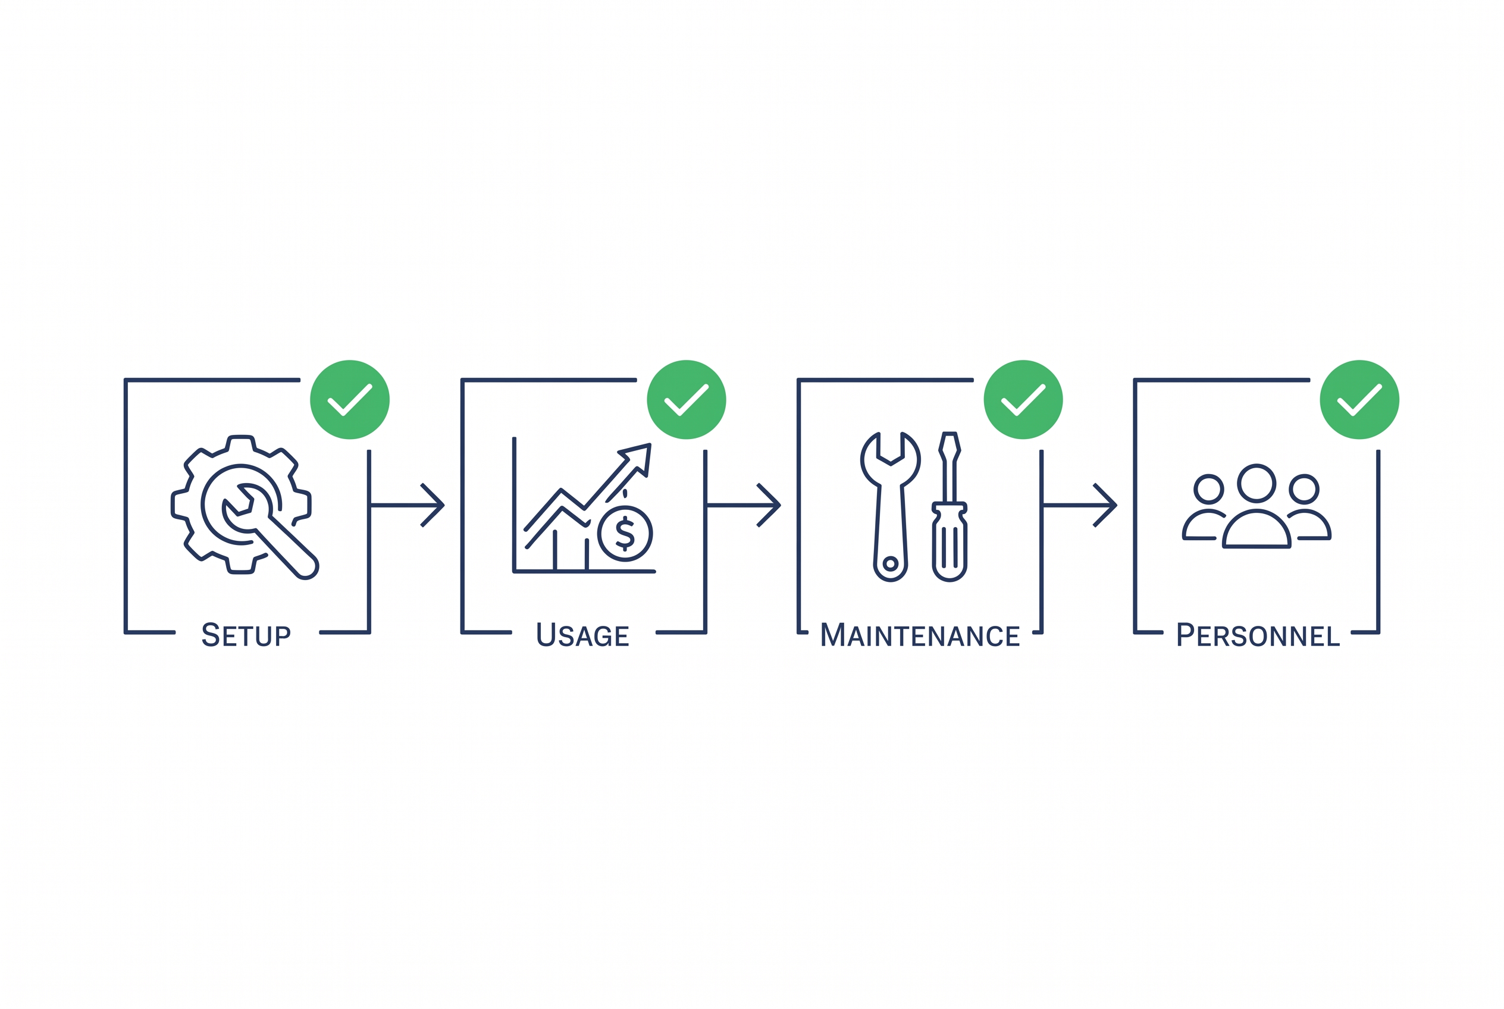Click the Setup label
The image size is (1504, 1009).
coord(246,634)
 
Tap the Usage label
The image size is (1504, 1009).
coord(583,634)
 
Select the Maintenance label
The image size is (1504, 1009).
coord(920,634)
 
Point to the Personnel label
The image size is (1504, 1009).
coord(1258,634)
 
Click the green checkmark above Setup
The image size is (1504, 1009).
coord(350,400)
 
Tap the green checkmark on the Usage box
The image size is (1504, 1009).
coord(687,400)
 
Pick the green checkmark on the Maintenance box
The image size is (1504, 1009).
coord(1023,400)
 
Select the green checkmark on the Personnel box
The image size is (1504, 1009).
coord(1360,400)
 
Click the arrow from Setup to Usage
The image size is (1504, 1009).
coord(408,505)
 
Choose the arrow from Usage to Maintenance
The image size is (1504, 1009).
coord(744,505)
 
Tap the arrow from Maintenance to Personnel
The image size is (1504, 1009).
coord(1080,505)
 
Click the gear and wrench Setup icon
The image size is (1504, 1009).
coord(245,507)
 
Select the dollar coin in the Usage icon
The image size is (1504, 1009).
coord(625,534)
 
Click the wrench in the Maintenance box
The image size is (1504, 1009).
coord(891,507)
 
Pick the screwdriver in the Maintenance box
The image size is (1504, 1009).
coord(950,507)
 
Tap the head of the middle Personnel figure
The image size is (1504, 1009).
coord(1257,483)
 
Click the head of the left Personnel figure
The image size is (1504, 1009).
coord(1208,490)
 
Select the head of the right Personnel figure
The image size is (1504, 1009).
coord(1304,490)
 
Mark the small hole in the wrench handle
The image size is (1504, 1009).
coord(890,564)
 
